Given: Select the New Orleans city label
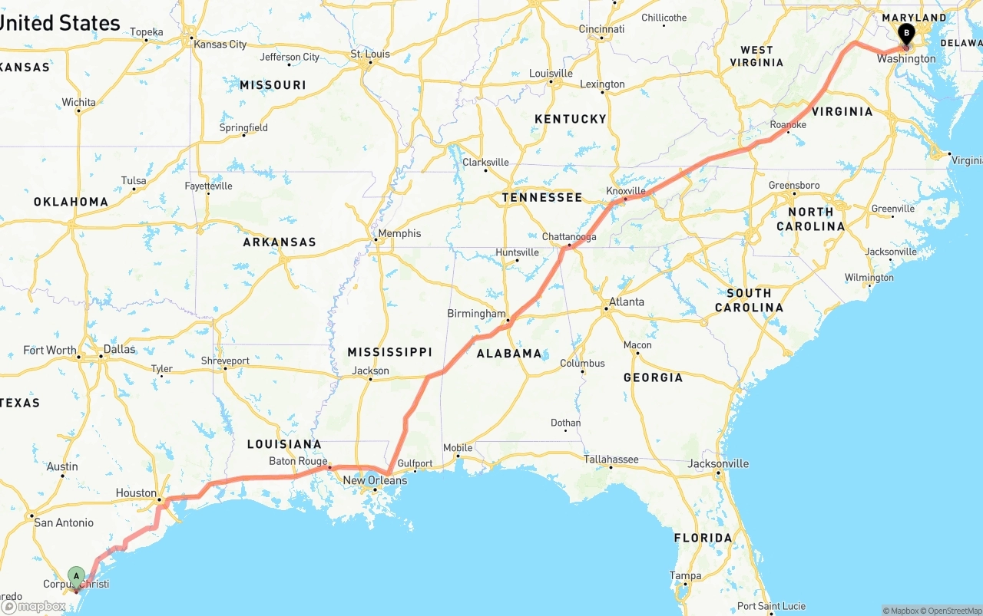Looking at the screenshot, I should point(375,481).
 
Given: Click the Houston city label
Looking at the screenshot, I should point(136,493).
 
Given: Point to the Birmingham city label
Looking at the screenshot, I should point(476,314).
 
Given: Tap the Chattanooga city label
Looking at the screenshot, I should point(569,237).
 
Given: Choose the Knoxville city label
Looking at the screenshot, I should point(626,190).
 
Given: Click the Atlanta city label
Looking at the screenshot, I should point(627,302).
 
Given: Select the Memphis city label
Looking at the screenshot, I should point(399,233).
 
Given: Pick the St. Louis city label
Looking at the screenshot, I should point(370,54).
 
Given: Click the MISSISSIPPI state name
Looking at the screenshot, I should point(389,352).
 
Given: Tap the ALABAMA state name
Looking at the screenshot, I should point(509,354).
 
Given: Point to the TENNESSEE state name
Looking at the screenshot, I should point(542,198).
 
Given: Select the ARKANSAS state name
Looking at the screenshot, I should point(280,242).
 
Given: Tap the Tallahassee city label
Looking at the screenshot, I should point(611,460).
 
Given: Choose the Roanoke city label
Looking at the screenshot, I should point(789,124).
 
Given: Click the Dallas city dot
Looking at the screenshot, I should point(101,357).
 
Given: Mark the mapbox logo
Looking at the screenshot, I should point(35,606).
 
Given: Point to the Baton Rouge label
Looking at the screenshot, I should point(298,461).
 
